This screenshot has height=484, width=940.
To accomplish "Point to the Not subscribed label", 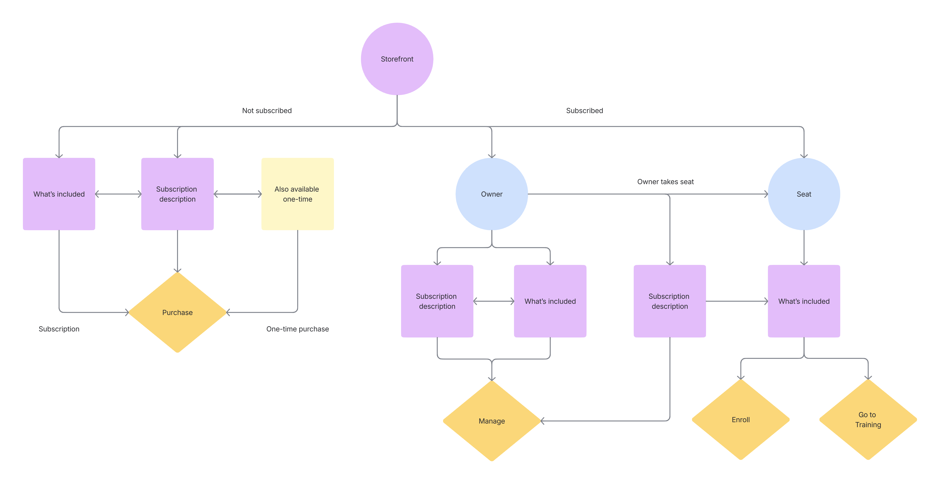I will tap(267, 111).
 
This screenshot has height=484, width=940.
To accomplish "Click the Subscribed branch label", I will tap(584, 111).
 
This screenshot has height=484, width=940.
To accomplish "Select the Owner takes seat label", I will tap(665, 181).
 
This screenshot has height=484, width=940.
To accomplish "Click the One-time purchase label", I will tap(297, 329).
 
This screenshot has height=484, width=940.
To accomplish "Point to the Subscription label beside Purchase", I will tap(59, 329).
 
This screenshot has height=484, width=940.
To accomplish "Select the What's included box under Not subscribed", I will tap(59, 194).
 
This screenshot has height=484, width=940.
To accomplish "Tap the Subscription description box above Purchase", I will tap(177, 194).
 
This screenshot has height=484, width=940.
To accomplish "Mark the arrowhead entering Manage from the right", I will tap(543, 421).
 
